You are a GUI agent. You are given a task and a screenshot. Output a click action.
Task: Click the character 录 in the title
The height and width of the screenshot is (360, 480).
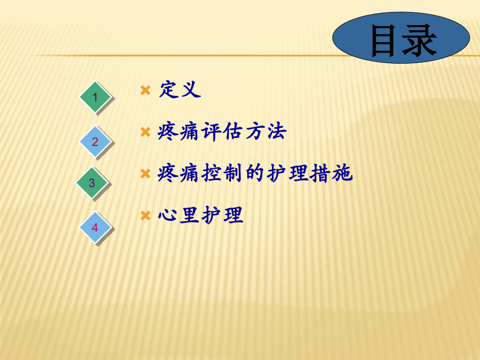coord(419,41)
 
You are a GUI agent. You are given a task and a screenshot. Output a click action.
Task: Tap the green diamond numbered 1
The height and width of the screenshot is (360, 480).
coord(95,97)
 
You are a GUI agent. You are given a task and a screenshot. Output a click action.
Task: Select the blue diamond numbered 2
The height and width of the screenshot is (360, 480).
coord(95,141)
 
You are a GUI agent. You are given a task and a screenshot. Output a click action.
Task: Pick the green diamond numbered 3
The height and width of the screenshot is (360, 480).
coord(92,183)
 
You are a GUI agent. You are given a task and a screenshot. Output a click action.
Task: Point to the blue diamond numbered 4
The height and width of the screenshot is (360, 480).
coord(95,227)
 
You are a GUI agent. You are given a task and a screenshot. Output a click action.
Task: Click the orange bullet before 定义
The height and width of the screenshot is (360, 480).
coord(146,90)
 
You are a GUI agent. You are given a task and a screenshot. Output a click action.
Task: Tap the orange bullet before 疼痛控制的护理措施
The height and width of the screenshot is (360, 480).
coord(146,174)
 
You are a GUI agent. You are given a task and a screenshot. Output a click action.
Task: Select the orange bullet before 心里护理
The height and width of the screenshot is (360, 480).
coord(146,215)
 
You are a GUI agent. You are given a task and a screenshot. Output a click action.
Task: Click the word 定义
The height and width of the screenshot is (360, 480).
coord(180,90)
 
